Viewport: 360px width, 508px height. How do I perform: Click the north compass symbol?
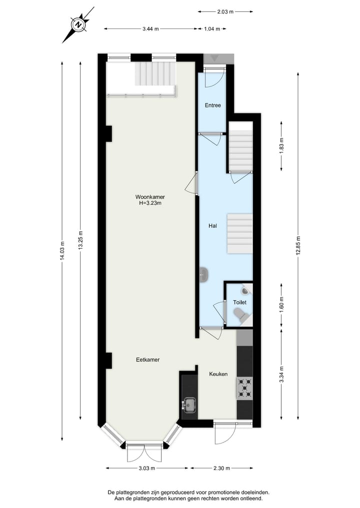[78, 23]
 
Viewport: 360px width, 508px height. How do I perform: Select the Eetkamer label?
[147, 360]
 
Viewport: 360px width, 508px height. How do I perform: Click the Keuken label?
[218, 374]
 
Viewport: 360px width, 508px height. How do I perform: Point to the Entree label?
[212, 105]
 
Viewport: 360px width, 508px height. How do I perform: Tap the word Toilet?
[239, 303]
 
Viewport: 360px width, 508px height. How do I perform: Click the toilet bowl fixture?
[240, 314]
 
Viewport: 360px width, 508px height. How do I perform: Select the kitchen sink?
[189, 404]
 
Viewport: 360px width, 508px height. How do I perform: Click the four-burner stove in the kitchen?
[244, 389]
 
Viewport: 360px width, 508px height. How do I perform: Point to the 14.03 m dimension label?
[62, 251]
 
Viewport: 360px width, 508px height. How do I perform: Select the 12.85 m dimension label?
[298, 245]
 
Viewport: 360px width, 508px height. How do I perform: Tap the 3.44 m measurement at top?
[150, 29]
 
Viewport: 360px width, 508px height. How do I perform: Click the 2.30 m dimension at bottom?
[220, 468]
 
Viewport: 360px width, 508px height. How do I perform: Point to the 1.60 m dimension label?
[281, 305]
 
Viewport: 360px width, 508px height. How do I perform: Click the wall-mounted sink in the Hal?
[203, 275]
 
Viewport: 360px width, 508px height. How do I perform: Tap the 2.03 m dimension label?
[225, 11]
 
